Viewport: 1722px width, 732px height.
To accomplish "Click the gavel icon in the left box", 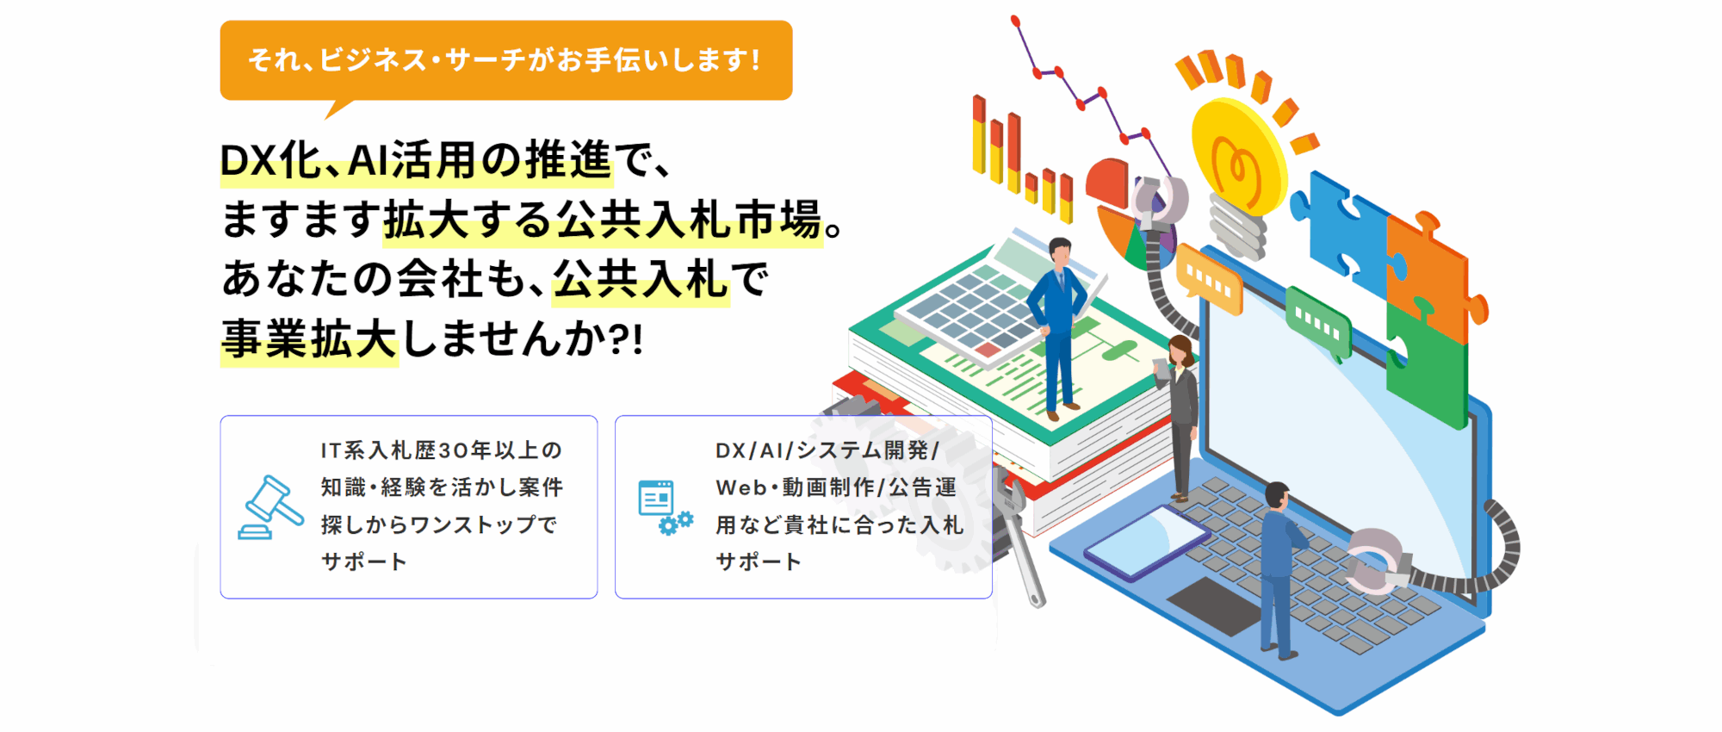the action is [x=270, y=508].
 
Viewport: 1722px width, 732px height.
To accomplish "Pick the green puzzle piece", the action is [x=1426, y=366].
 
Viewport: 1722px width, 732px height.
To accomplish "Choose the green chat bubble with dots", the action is [x=1317, y=323].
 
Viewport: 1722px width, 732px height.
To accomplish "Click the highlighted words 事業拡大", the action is [x=309, y=338].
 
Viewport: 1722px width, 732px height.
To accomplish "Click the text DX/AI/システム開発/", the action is [x=827, y=450].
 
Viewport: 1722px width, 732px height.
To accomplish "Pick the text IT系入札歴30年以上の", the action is [x=442, y=450].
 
